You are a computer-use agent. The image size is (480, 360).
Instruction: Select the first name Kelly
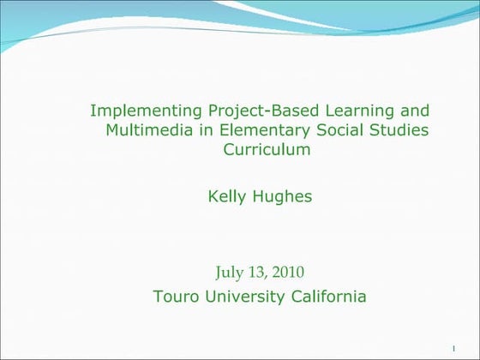(x=226, y=197)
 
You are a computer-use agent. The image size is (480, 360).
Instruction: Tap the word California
(x=332, y=297)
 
